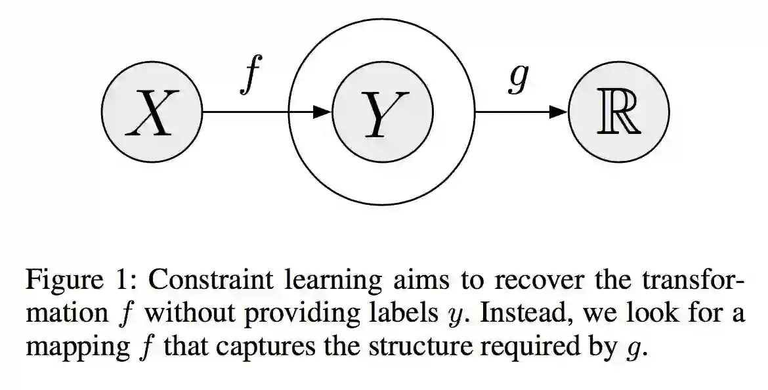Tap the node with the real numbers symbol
[x=618, y=112]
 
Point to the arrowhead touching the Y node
[x=322, y=112]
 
